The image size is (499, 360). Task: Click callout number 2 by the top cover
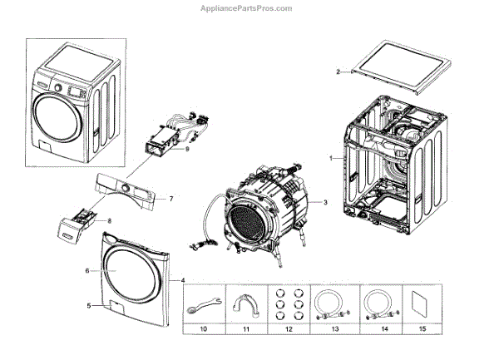click(x=338, y=72)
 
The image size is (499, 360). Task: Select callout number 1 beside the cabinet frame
click(x=331, y=157)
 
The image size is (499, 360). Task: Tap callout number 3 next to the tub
click(x=325, y=202)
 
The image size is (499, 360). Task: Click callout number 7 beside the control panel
click(x=170, y=199)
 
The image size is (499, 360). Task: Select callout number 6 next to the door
click(x=86, y=270)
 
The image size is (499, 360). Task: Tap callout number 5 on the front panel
click(x=87, y=305)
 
